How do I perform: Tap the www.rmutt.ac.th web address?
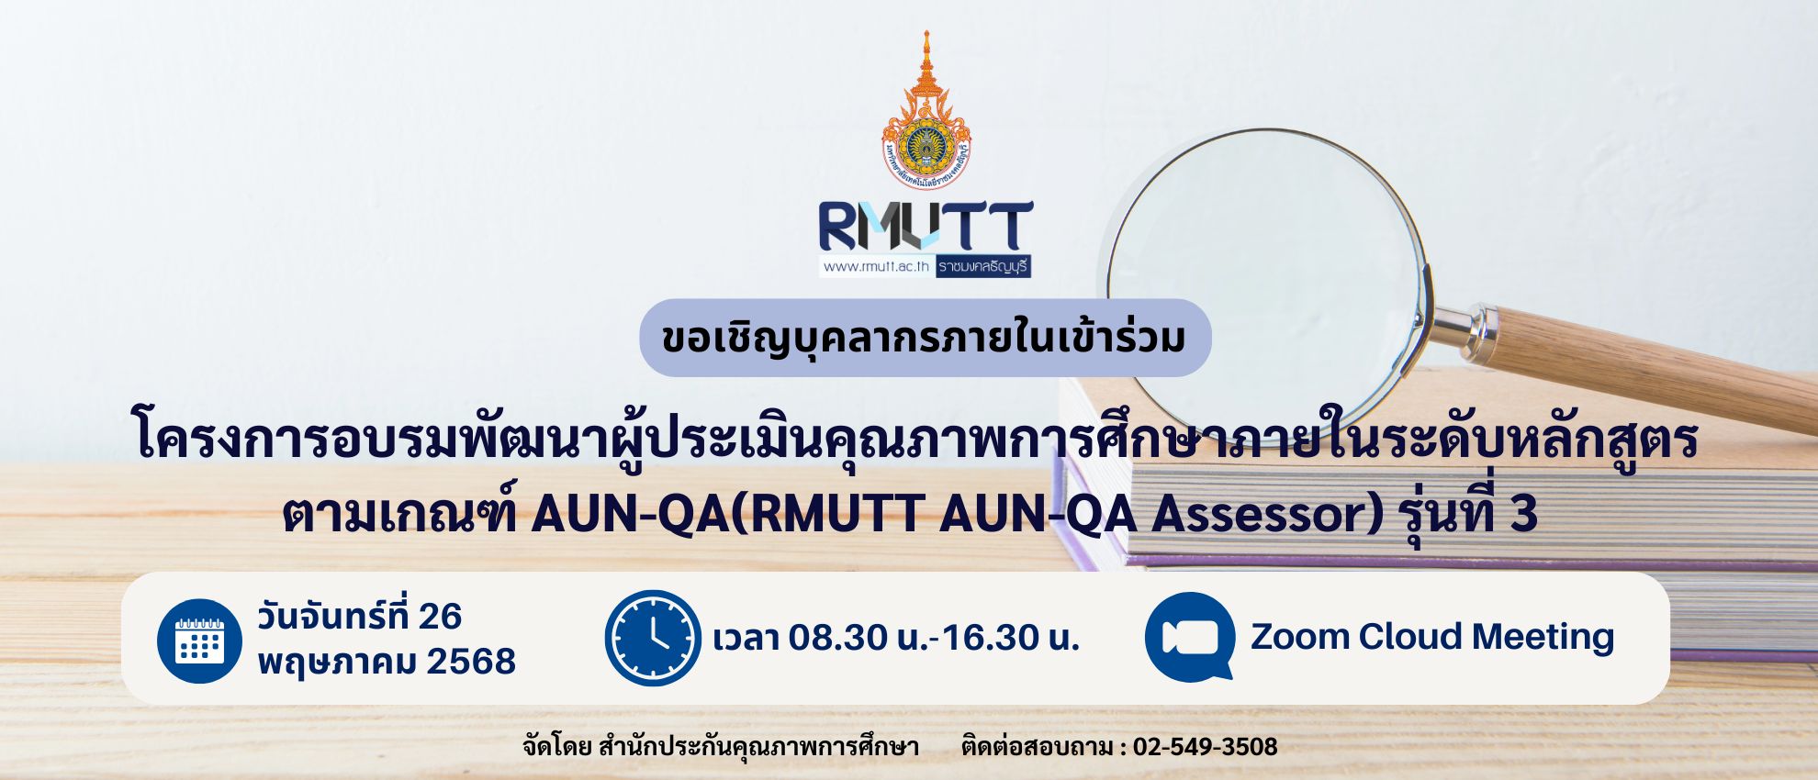click(x=876, y=267)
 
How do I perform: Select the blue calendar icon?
click(x=199, y=641)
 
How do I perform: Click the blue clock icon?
click(x=653, y=638)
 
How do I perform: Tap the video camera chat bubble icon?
click(x=1190, y=637)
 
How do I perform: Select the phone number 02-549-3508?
click(x=1205, y=747)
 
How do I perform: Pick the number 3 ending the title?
click(x=1524, y=514)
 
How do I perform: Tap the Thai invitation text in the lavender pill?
click(x=924, y=338)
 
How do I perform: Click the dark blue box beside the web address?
click(x=982, y=266)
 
